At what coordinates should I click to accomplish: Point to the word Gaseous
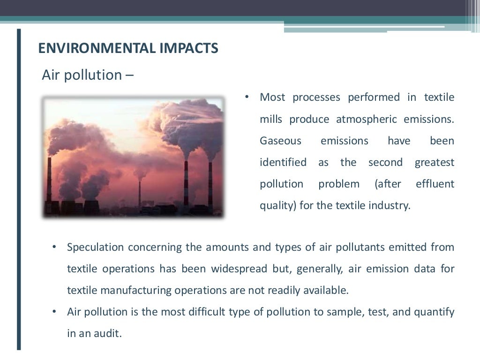(x=281, y=141)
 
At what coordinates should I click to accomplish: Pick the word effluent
(x=435, y=184)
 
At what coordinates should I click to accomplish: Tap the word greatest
(x=435, y=162)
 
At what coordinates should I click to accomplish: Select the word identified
(x=283, y=162)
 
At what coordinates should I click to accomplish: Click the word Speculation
(x=95, y=247)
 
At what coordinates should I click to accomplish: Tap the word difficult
(x=210, y=312)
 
